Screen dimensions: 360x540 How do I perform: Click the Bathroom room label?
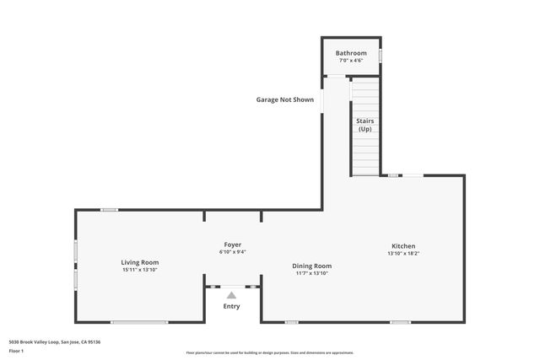pyautogui.click(x=351, y=53)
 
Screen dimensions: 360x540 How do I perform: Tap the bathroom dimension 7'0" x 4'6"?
pyautogui.click(x=351, y=61)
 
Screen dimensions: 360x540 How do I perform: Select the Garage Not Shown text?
pyautogui.click(x=285, y=99)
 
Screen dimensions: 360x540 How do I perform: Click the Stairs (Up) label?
pyautogui.click(x=364, y=125)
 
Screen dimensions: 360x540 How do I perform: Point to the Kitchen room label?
pyautogui.click(x=402, y=246)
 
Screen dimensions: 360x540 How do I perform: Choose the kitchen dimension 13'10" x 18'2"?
pyautogui.click(x=402, y=254)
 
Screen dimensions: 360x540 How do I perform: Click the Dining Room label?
pyautogui.click(x=312, y=266)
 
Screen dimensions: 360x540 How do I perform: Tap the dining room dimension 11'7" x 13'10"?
pyautogui.click(x=312, y=273)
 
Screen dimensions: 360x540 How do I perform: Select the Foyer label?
pyautogui.click(x=232, y=244)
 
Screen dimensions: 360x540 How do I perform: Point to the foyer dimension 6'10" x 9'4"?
pyautogui.click(x=232, y=251)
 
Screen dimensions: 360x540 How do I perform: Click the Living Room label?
pyautogui.click(x=139, y=262)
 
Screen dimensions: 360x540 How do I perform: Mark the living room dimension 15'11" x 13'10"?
pyautogui.click(x=139, y=270)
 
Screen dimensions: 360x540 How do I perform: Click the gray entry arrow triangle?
pyautogui.click(x=231, y=295)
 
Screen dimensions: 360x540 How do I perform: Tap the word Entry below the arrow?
pyautogui.click(x=231, y=306)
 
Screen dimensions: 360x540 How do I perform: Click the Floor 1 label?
pyautogui.click(x=17, y=350)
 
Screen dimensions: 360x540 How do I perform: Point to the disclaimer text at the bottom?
pyautogui.click(x=270, y=352)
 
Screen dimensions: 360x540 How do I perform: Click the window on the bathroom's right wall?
pyautogui.click(x=380, y=56)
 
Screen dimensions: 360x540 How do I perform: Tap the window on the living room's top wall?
pyautogui.click(x=109, y=210)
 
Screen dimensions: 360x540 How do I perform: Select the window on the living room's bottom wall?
pyautogui.click(x=139, y=322)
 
